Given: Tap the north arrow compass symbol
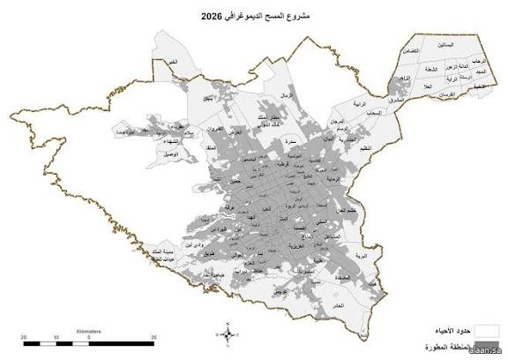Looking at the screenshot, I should point(228,334).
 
